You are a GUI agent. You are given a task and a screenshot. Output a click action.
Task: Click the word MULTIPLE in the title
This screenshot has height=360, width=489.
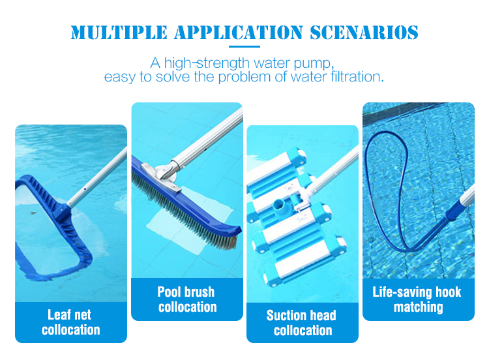(x=119, y=33)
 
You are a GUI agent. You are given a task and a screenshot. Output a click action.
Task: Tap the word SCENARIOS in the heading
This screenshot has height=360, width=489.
(x=364, y=33)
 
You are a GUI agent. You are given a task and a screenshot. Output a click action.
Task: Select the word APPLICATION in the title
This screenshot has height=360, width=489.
(x=239, y=33)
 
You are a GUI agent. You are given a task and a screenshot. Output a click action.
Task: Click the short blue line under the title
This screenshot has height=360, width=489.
(x=244, y=47)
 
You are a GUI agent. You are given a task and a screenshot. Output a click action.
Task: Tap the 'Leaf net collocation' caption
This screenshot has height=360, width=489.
(x=71, y=322)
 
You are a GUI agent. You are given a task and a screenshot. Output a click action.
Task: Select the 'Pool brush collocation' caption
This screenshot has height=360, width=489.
(x=187, y=299)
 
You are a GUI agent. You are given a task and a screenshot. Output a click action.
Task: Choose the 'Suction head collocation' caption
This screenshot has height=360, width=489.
(x=302, y=323)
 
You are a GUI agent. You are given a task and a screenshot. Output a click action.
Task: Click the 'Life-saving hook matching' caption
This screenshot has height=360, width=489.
(x=417, y=299)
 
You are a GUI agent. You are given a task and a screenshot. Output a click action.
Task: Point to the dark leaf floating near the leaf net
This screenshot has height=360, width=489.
(x=33, y=213)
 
